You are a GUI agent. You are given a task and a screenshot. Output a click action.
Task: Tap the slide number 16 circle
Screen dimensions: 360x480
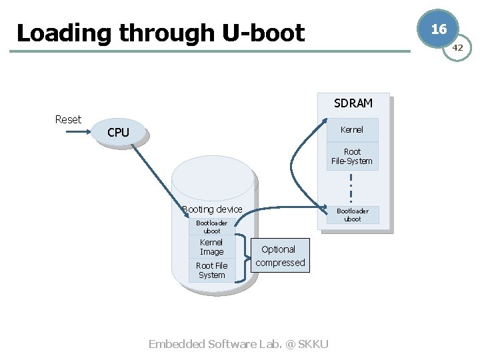tap(438, 29)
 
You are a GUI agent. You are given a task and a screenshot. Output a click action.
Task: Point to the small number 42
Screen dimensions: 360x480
tap(457, 48)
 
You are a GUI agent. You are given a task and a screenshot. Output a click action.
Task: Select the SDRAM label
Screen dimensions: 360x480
tap(353, 103)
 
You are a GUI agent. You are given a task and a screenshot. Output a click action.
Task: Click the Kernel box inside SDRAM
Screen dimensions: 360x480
tap(352, 129)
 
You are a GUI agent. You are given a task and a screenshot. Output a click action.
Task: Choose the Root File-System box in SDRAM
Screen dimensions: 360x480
tap(352, 157)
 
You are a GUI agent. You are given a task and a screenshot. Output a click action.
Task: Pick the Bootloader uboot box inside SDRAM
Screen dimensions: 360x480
tap(352, 215)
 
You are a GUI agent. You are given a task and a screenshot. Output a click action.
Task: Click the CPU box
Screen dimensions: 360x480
tap(118, 133)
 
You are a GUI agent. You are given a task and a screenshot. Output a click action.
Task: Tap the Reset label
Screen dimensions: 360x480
tap(68, 119)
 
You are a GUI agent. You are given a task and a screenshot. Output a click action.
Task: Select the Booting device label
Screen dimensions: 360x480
tap(212, 209)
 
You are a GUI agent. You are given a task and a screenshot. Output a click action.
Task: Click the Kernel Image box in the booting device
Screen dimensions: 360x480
tap(211, 247)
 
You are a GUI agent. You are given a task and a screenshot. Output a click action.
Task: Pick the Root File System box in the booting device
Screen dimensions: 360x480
tap(211, 270)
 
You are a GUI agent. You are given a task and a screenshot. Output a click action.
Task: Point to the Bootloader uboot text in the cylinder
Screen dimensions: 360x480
tap(211, 227)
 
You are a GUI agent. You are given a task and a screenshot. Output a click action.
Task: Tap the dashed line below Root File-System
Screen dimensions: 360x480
tap(351, 188)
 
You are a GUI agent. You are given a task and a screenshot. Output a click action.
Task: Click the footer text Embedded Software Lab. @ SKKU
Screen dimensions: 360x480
tap(238, 344)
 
